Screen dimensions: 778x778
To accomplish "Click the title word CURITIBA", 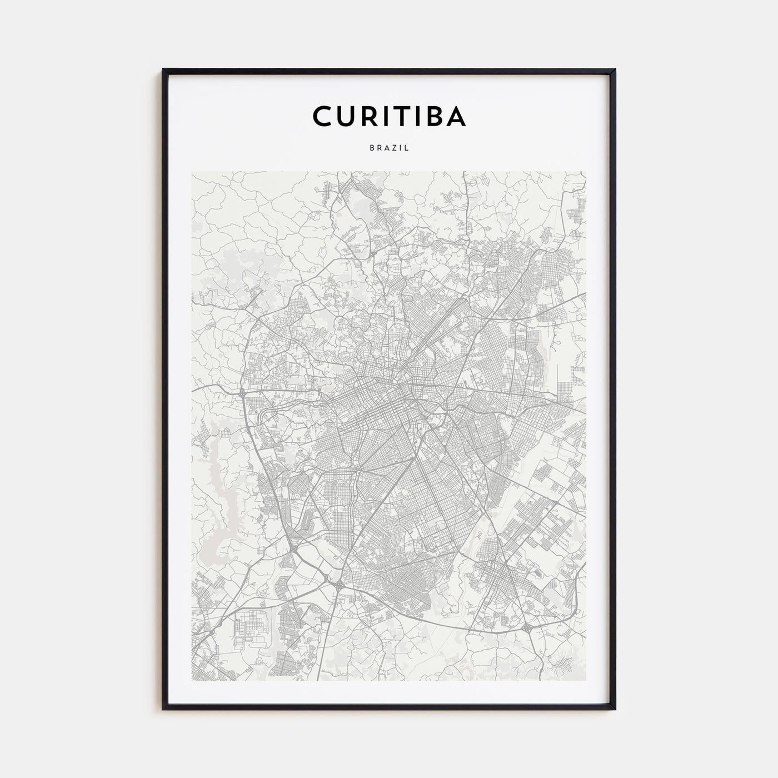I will [x=389, y=116].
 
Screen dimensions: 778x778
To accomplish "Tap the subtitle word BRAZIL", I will [x=389, y=148].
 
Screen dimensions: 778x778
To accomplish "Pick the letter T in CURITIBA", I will [x=396, y=116].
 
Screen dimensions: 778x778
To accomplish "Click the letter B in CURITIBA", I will [x=432, y=116].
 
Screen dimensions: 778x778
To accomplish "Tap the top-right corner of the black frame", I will [x=615, y=70].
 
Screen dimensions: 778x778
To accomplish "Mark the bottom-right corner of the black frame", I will [x=615, y=709].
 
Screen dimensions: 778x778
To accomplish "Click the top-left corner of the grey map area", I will [x=192, y=172].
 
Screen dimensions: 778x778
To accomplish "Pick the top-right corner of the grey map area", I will [x=586, y=172].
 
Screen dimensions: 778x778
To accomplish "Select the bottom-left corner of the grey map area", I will [x=192, y=681].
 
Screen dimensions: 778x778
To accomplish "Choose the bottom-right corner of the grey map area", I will [x=586, y=681].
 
